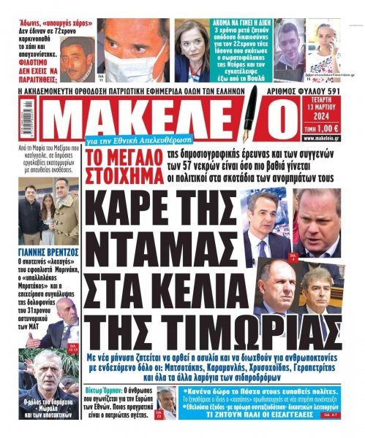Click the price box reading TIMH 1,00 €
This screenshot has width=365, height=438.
tap(339, 126)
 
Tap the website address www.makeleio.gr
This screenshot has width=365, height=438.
tap(339, 136)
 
